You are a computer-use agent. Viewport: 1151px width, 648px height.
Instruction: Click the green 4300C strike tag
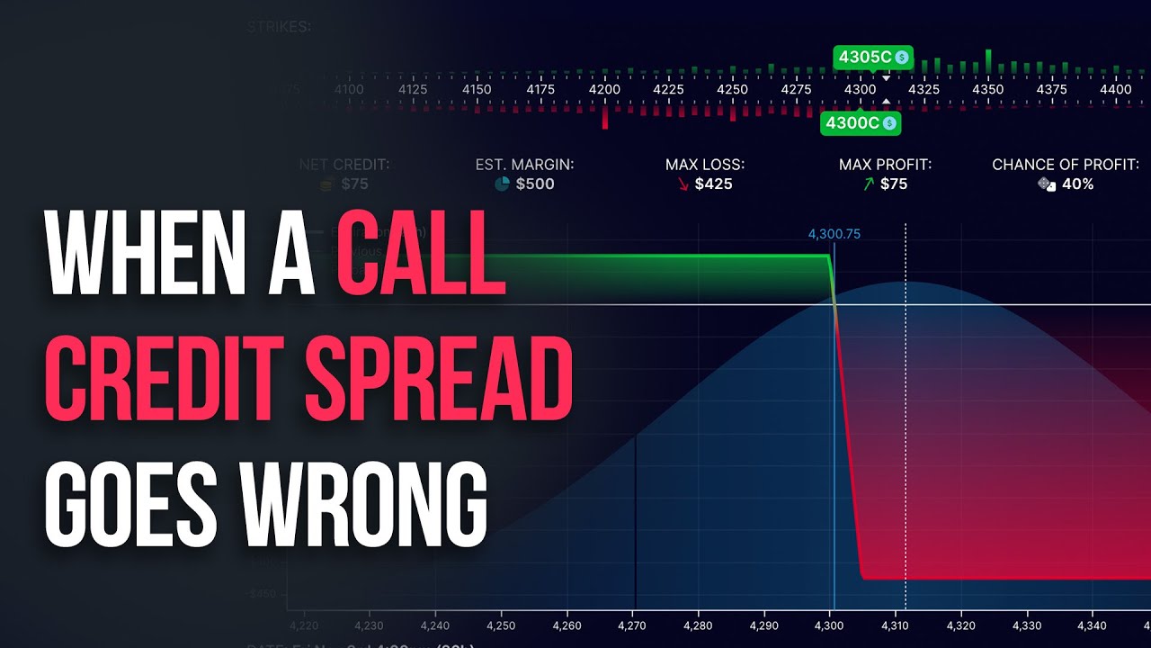point(860,123)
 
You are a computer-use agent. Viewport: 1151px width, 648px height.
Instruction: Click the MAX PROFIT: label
point(885,165)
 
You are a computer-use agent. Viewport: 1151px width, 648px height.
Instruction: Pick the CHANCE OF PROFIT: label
point(1066,165)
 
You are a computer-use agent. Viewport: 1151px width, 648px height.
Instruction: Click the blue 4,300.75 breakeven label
point(834,234)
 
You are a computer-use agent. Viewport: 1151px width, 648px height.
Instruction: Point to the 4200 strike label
point(604,90)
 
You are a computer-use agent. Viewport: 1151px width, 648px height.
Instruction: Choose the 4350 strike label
point(988,90)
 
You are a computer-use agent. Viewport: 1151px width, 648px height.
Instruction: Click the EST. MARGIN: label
point(524,165)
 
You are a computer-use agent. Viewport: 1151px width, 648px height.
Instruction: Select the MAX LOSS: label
point(705,165)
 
